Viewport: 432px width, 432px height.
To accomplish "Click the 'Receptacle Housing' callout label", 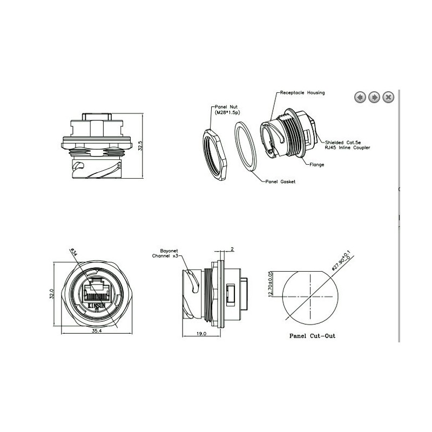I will pos(302,93).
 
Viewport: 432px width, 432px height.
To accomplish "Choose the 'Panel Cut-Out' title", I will pos(312,335).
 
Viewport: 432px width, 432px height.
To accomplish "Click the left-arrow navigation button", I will pos(360,97).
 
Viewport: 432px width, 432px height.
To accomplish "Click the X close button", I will pos(388,97).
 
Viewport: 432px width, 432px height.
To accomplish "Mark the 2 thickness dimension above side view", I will pos(231,249).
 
